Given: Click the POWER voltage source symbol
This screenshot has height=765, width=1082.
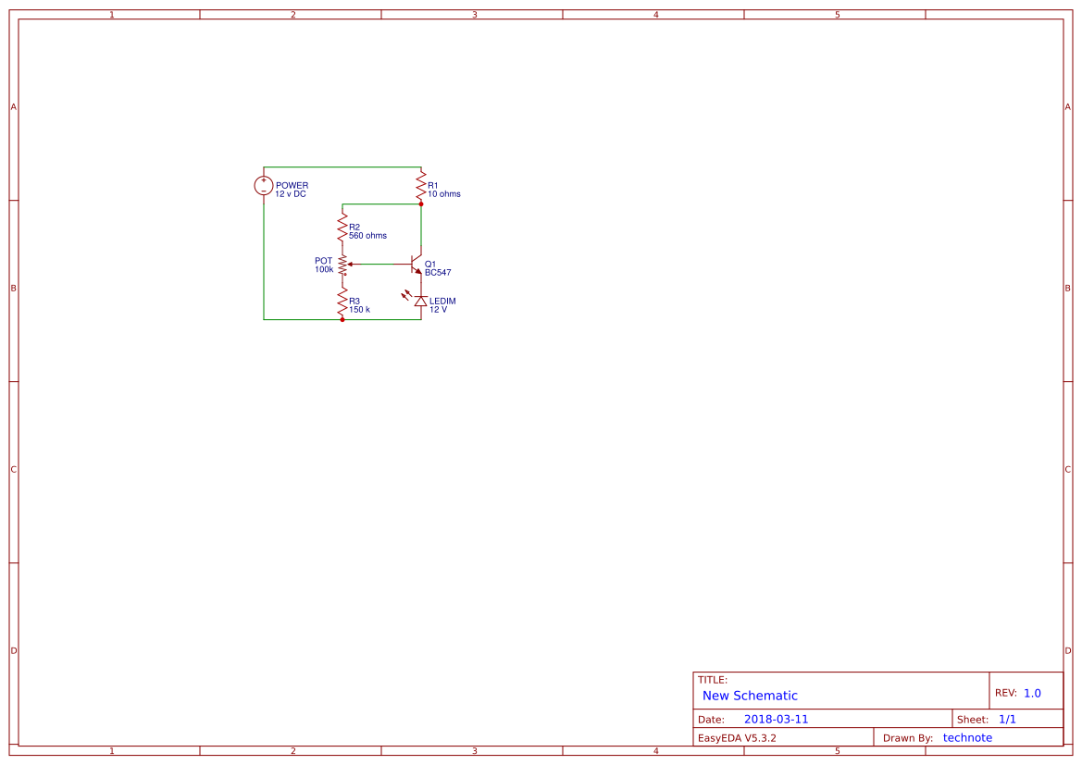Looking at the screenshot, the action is [x=264, y=186].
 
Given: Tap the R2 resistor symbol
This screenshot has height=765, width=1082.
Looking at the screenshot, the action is [x=342, y=227].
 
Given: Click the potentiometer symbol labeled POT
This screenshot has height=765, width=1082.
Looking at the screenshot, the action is [x=342, y=265].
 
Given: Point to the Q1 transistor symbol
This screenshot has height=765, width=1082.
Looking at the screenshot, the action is [x=417, y=265].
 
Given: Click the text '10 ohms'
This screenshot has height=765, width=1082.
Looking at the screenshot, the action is [x=443, y=194].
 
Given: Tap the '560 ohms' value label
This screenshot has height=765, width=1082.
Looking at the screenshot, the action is [x=367, y=236].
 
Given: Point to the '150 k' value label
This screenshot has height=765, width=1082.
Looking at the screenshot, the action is [x=359, y=310].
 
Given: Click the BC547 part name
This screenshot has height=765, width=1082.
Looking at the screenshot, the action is [x=438, y=273].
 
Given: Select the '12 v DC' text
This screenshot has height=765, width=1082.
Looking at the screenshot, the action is [x=291, y=194].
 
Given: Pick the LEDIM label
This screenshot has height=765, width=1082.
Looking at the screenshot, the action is [x=442, y=302].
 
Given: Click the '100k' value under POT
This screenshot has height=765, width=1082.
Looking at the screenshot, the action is [x=324, y=269].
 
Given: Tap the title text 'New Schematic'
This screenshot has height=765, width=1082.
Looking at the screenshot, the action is [x=750, y=696].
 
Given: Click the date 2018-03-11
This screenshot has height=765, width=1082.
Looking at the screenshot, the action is [x=776, y=720].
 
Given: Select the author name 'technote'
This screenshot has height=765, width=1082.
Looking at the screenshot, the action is [x=967, y=738].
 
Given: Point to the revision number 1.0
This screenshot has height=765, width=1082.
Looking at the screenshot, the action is [x=1032, y=693].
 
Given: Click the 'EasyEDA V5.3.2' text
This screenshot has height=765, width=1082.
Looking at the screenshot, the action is [x=737, y=738].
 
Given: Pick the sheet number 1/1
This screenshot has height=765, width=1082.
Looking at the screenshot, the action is [x=1007, y=720].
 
